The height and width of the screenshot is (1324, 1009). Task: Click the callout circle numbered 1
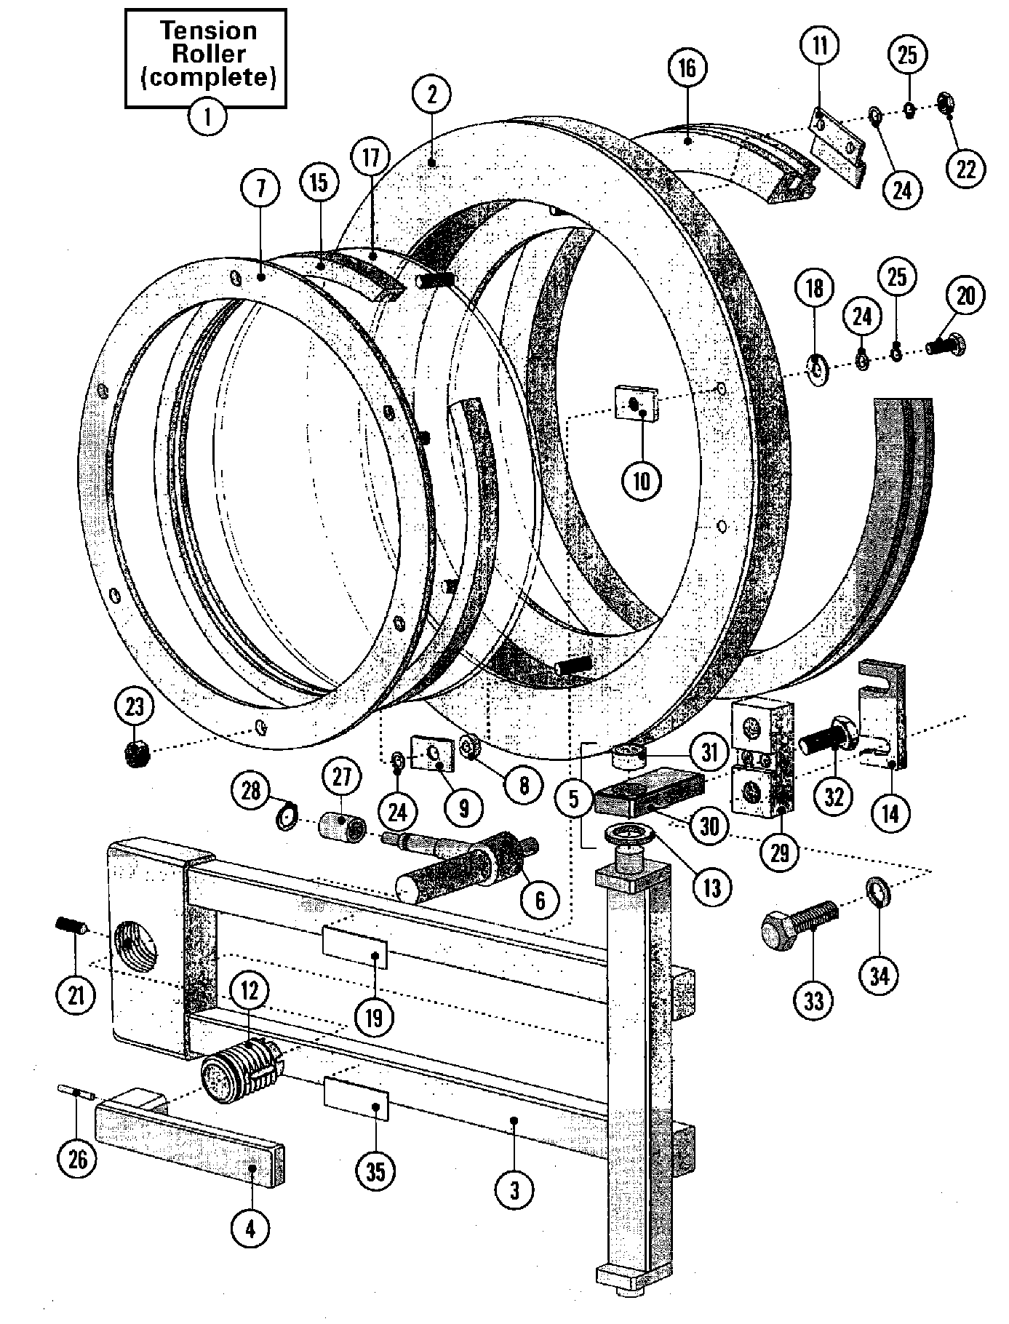click(207, 116)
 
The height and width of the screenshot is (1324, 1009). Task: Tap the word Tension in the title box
click(208, 31)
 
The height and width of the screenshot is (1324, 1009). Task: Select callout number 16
click(687, 68)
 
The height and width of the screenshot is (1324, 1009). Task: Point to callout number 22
click(965, 168)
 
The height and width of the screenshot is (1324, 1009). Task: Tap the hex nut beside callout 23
click(137, 753)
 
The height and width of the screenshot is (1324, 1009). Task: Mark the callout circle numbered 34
click(879, 976)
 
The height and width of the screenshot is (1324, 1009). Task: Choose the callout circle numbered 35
click(375, 1171)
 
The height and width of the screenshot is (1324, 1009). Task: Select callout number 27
click(342, 778)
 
